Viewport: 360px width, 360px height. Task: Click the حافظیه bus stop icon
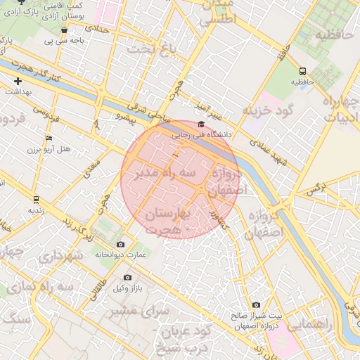pyautogui.click(x=302, y=71)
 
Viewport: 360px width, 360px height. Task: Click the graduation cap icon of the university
pyautogui.click(x=201, y=124)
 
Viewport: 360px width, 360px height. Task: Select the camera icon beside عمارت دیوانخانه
pyautogui.click(x=119, y=244)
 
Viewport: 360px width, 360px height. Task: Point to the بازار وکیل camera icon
pyautogui.click(x=127, y=278)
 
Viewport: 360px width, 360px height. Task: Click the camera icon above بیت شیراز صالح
pyautogui.click(x=256, y=304)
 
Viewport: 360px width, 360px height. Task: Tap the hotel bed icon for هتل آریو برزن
pyautogui.click(x=48, y=138)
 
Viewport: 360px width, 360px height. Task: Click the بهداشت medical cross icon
pyautogui.click(x=18, y=81)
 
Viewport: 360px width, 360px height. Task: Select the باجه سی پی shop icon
pyautogui.click(x=65, y=31)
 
